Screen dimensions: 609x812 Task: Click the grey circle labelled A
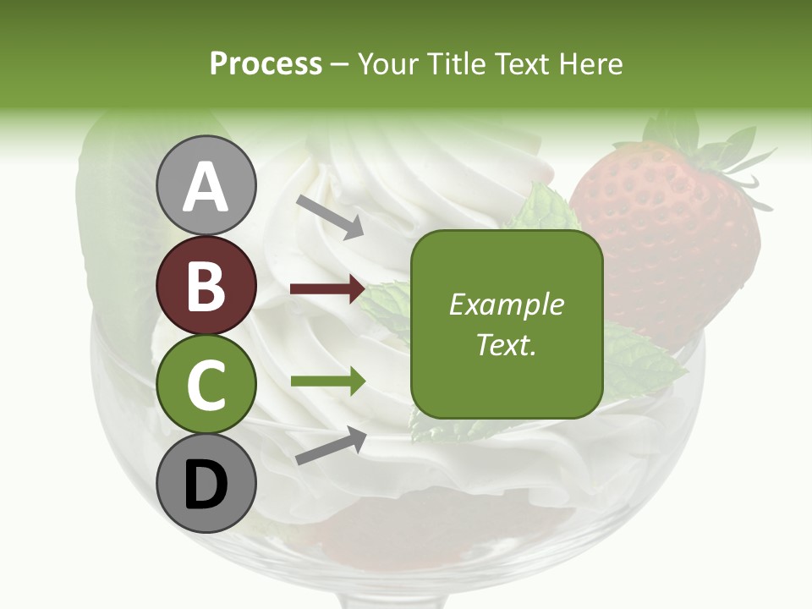[206, 185]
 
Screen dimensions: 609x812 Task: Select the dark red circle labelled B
[206, 285]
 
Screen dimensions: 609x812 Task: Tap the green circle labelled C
[206, 384]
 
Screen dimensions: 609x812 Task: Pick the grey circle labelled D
[206, 484]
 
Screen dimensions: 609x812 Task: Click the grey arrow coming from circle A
[329, 216]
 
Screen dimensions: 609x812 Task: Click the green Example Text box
[507, 324]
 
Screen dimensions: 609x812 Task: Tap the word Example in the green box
[507, 304]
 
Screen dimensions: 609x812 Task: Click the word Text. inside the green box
[507, 345]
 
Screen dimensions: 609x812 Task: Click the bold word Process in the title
[266, 63]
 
